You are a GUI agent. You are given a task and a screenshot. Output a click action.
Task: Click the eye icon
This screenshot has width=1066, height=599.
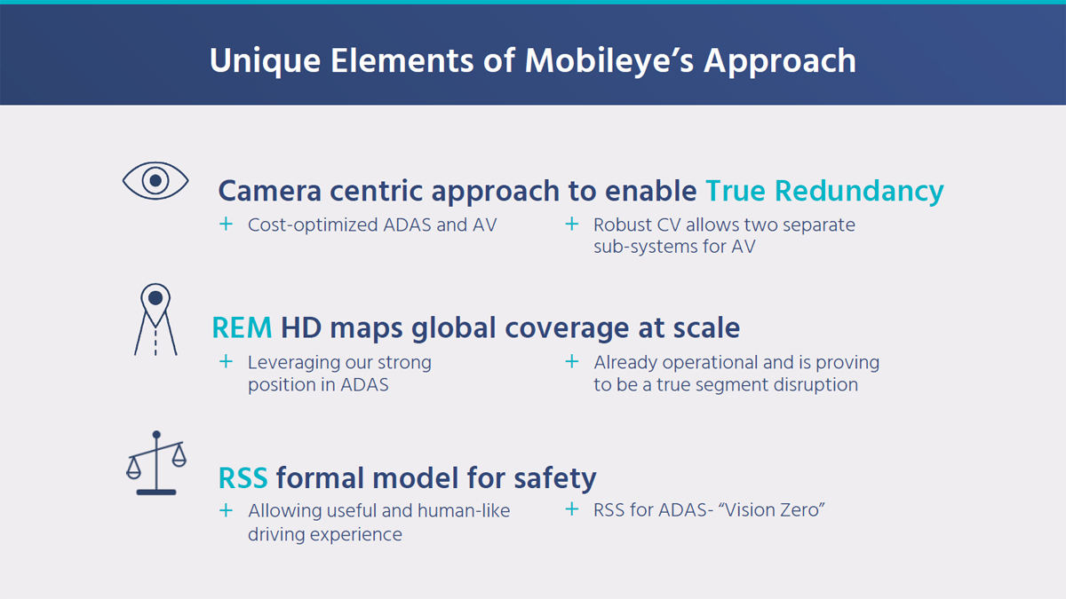tap(155, 181)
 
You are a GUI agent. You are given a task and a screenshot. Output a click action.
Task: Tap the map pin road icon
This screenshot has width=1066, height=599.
tap(155, 319)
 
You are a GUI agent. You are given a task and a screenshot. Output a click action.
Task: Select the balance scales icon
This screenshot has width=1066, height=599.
tap(156, 463)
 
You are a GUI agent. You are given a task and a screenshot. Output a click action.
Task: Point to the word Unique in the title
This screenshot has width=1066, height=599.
tap(265, 62)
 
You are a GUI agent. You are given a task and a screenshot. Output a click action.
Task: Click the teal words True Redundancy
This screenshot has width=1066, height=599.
tap(824, 191)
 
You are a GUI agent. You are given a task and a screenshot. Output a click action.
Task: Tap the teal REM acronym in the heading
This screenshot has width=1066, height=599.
tap(242, 328)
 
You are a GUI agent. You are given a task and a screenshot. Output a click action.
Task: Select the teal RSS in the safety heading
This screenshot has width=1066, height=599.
tap(243, 478)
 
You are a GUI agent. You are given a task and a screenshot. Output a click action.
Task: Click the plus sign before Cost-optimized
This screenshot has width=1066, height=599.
tap(226, 224)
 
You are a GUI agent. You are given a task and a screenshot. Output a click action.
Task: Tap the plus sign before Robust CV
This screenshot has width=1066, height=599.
tap(571, 224)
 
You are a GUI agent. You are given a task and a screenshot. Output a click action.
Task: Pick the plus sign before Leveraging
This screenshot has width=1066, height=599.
tap(226, 362)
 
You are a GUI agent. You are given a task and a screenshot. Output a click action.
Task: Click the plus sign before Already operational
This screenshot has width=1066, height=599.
tap(571, 362)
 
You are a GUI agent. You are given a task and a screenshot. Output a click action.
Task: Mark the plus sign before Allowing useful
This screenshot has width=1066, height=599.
tap(226, 510)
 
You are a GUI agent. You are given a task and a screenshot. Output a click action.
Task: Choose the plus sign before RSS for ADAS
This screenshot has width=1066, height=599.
tap(571, 509)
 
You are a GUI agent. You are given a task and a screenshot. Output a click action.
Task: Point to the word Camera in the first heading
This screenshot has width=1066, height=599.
tap(270, 191)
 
